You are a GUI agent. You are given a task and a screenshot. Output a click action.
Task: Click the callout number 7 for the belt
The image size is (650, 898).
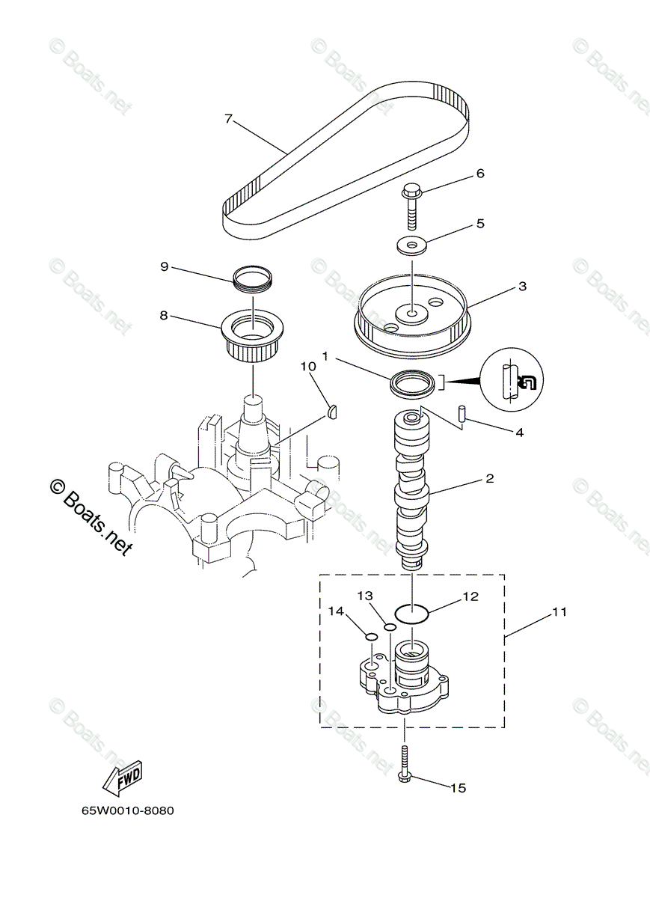pos(229,118)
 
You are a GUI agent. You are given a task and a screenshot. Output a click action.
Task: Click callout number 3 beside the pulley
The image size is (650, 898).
pos(522,286)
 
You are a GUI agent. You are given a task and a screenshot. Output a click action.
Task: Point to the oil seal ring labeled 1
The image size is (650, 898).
pos(413,384)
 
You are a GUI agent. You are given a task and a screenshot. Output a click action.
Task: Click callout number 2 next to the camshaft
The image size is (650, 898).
pos(489,477)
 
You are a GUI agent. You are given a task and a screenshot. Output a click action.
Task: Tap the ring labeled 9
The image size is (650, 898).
pos(253,279)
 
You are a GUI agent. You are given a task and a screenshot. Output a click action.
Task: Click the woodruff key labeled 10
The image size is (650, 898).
pos(334,409)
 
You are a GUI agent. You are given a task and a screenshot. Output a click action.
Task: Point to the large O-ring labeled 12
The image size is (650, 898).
pos(411,614)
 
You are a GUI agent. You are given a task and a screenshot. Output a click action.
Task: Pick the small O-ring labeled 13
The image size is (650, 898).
pos(390,626)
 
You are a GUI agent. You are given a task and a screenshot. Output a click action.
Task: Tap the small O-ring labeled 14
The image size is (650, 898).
pos(370,637)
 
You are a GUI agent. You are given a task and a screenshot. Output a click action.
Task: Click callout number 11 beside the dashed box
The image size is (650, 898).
pos(559,612)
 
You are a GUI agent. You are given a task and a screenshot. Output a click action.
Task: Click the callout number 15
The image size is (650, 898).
pos(458,787)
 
